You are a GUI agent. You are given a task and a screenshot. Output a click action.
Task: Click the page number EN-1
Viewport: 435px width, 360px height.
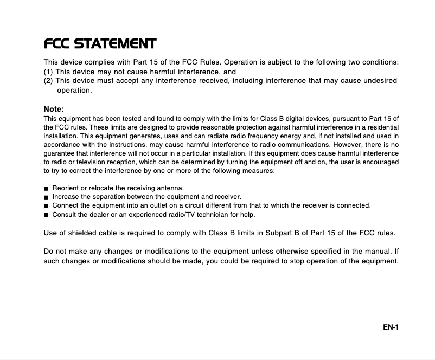click(x=389, y=326)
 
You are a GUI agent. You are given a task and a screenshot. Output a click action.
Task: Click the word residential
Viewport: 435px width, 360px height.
click(x=382, y=127)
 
